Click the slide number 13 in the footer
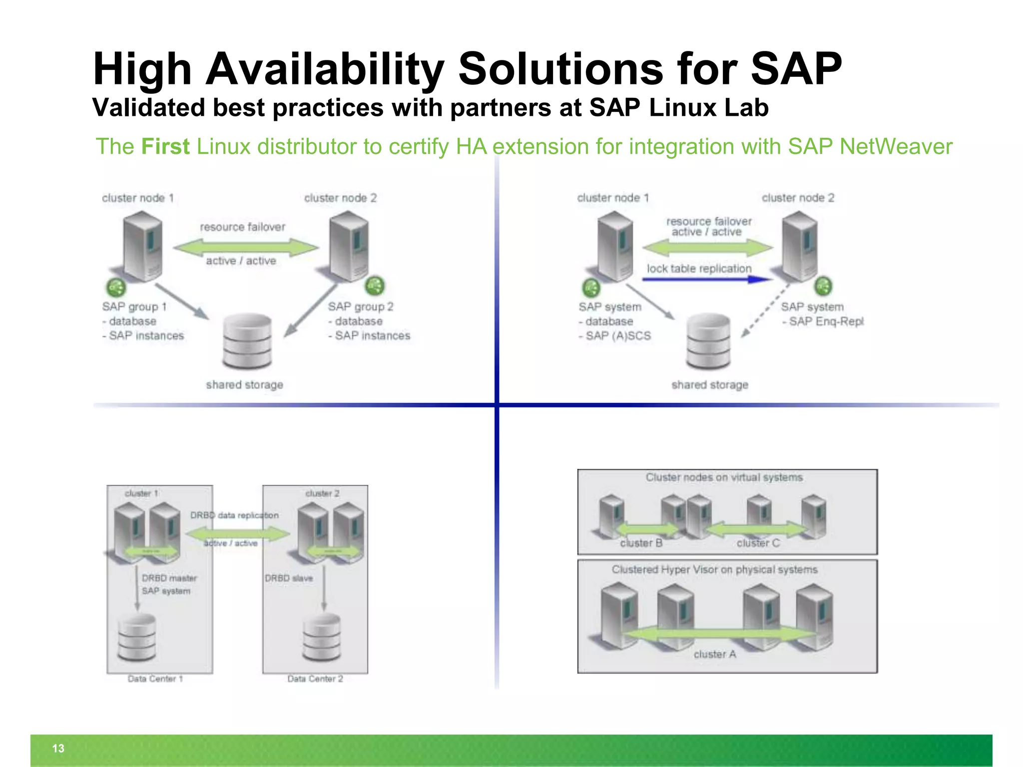[x=58, y=748]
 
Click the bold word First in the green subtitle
[x=165, y=147]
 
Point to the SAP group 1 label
[x=134, y=307]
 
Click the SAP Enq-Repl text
[x=826, y=322]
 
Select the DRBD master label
[x=169, y=578]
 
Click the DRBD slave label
[x=289, y=578]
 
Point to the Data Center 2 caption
[x=315, y=679]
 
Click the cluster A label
[x=714, y=654]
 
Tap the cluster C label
[x=758, y=543]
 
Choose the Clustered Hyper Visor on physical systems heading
[x=714, y=569]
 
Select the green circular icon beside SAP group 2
[x=375, y=286]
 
